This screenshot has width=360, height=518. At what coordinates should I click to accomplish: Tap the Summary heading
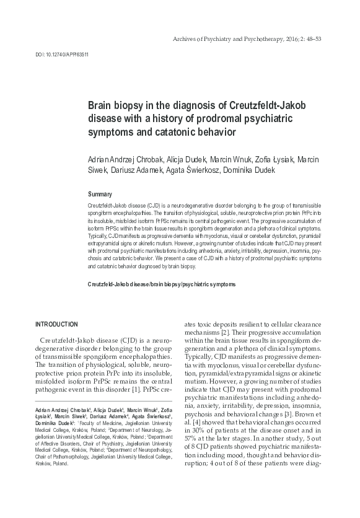[100, 195]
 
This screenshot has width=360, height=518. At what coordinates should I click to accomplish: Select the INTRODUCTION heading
[56, 325]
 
